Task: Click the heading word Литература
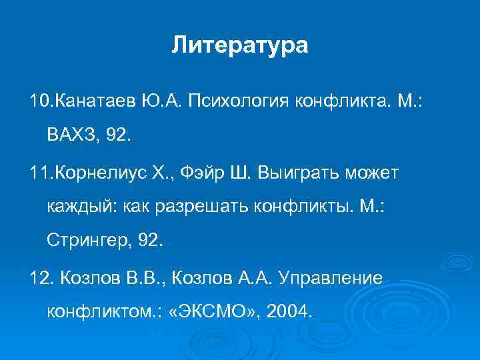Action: point(240,45)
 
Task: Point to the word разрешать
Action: point(191,207)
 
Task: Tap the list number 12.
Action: point(37,277)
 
